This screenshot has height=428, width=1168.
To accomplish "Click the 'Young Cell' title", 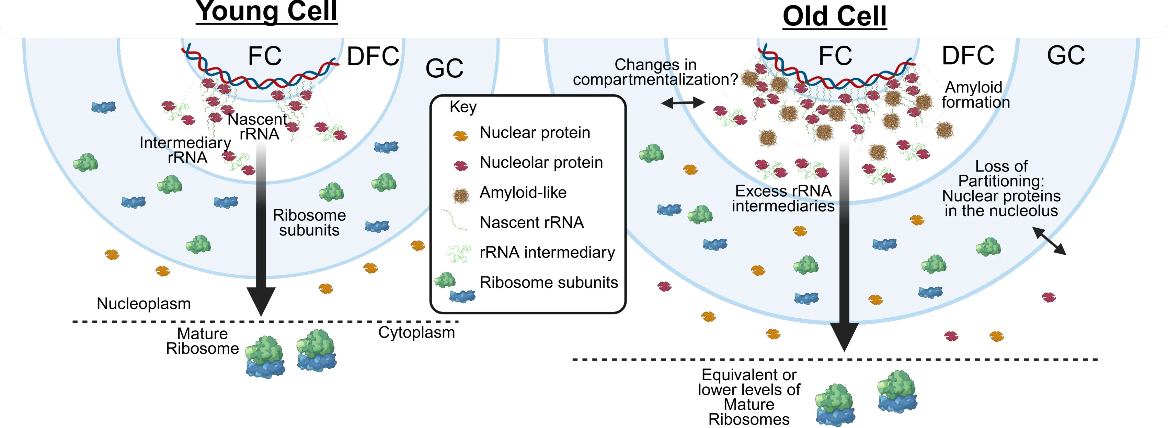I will [267, 11].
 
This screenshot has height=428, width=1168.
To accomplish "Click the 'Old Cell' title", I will [834, 17].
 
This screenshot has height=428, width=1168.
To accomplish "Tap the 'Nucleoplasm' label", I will [144, 303].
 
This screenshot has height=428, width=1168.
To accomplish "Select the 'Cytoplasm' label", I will [416, 332].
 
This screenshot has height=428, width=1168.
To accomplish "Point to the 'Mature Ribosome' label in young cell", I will [202, 341].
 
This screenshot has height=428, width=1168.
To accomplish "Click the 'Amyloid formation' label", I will [975, 95].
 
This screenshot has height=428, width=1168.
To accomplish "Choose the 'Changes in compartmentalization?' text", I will [655, 72].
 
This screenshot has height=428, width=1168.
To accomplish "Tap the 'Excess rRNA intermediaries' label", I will [783, 198].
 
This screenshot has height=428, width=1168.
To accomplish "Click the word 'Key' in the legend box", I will [463, 107].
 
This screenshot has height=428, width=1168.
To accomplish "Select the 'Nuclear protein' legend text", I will [535, 133].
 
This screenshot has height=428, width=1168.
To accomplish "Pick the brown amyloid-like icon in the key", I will [461, 196].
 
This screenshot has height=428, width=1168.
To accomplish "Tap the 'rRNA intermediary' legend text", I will [547, 252].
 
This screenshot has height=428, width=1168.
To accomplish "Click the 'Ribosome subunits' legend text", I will [549, 282].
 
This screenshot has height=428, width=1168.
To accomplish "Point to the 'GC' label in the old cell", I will [1066, 55].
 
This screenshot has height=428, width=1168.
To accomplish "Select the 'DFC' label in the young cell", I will [373, 56].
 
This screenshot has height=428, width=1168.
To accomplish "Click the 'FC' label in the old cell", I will [835, 56].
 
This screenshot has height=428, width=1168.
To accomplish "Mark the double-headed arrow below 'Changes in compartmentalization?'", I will [683, 103].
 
